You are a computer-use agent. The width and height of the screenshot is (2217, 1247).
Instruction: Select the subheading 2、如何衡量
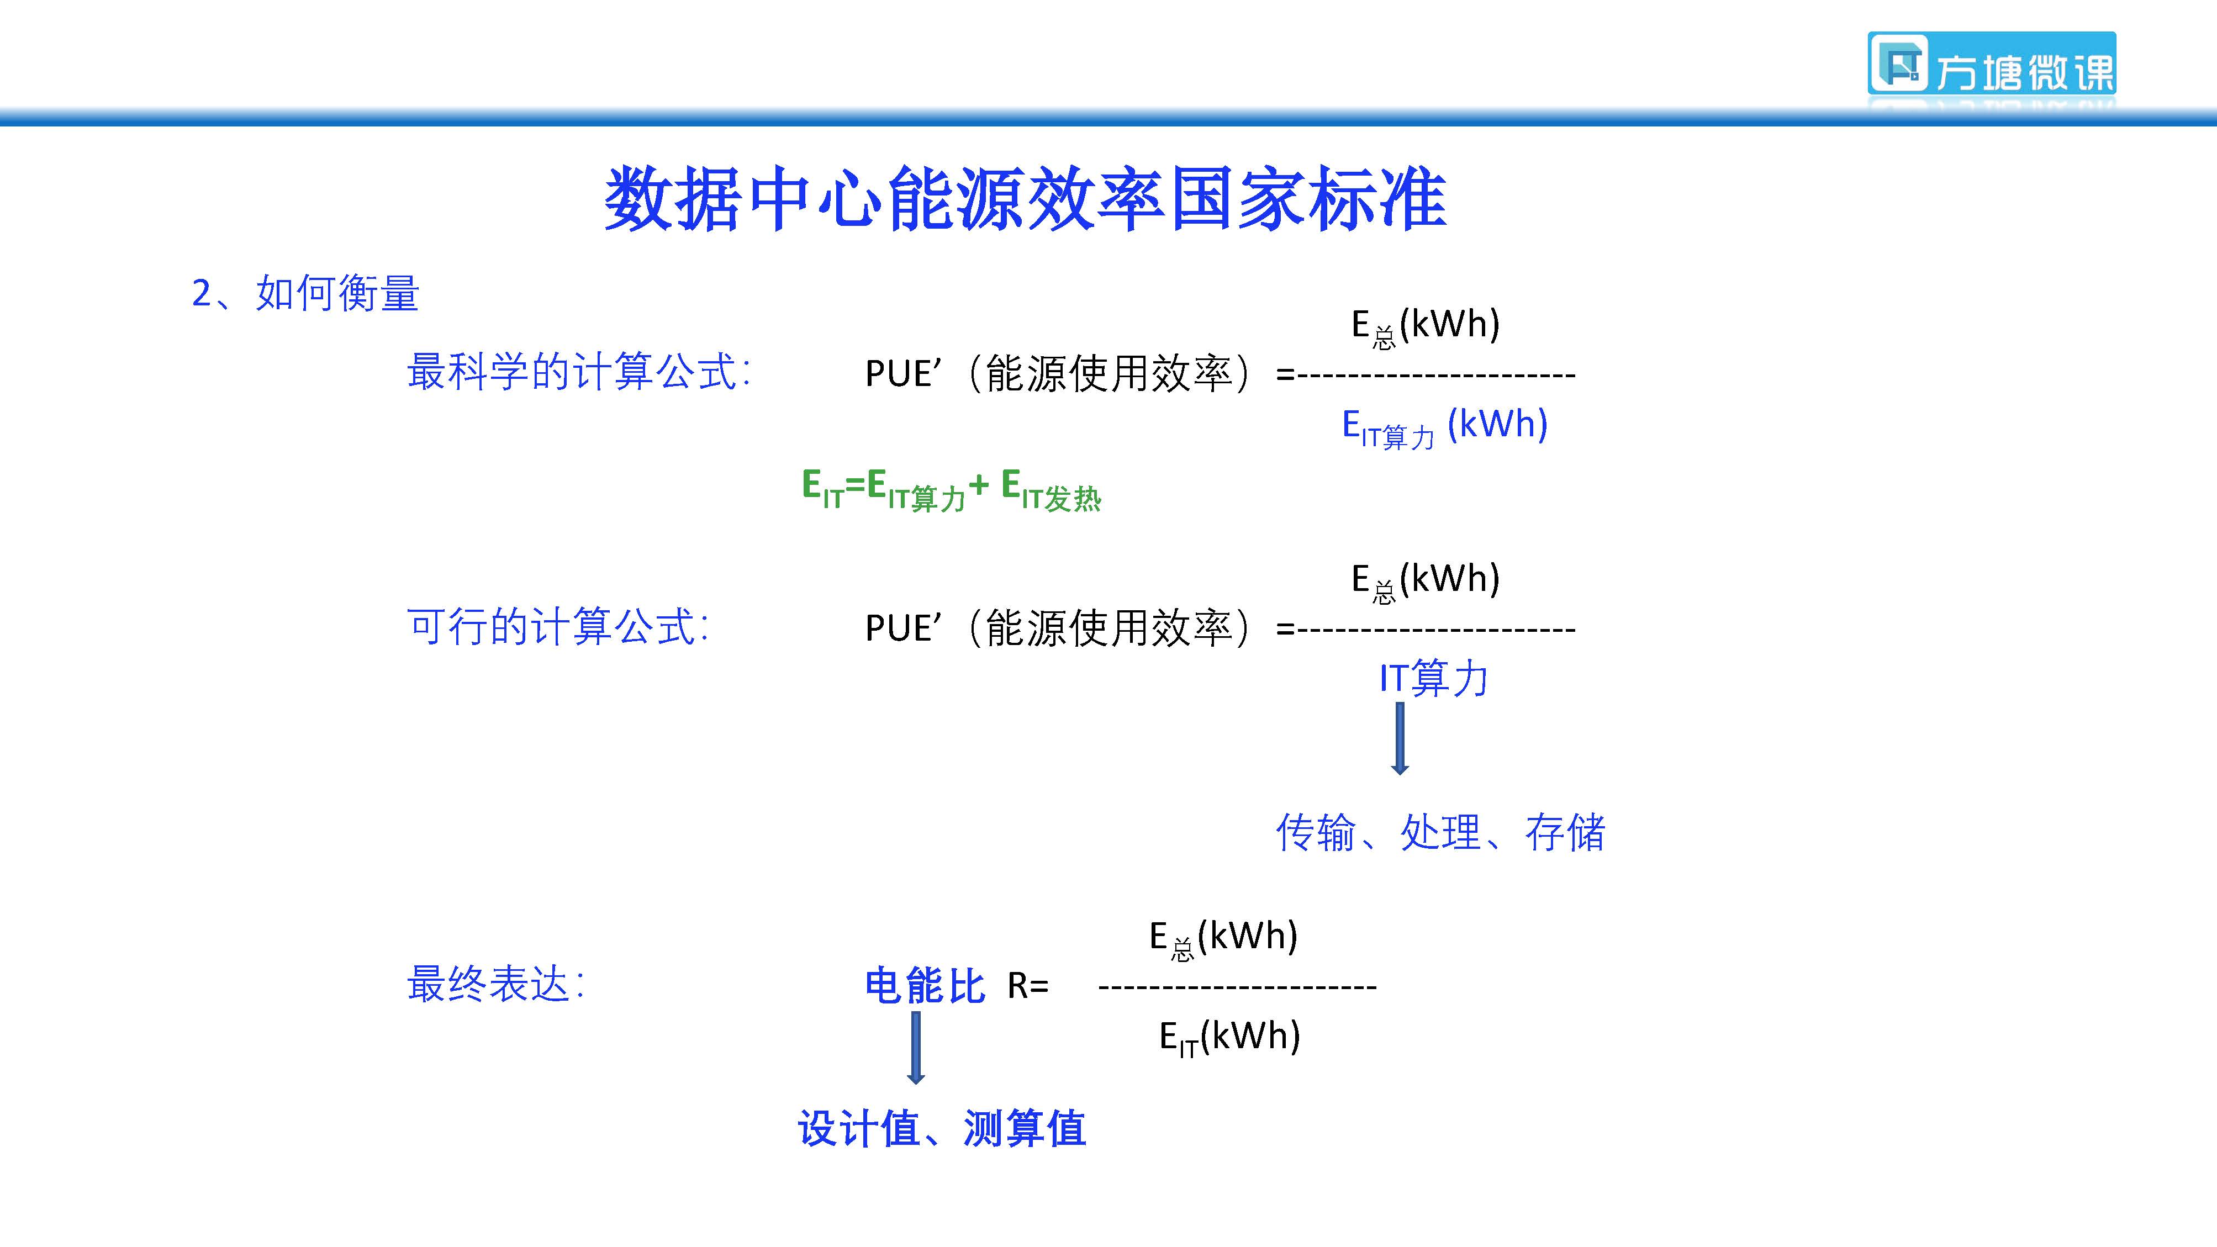click(305, 293)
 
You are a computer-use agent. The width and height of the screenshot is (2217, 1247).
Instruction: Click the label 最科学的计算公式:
click(578, 372)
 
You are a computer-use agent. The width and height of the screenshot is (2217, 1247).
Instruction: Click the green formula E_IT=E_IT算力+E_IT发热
click(951, 490)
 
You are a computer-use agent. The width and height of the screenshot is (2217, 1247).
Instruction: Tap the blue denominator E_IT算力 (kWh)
click(1445, 427)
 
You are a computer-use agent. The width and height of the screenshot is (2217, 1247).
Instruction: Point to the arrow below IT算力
click(1400, 738)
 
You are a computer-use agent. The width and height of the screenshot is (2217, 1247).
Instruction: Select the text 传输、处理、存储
click(1440, 832)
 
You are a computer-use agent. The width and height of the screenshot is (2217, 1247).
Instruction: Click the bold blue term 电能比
click(925, 985)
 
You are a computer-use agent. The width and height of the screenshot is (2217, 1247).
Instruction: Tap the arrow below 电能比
click(916, 1047)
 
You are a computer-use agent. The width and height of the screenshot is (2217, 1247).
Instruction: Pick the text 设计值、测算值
click(942, 1128)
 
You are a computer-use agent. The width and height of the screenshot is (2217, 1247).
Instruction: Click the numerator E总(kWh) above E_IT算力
click(1426, 326)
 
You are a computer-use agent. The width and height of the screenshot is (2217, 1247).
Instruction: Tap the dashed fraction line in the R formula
click(1238, 986)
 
